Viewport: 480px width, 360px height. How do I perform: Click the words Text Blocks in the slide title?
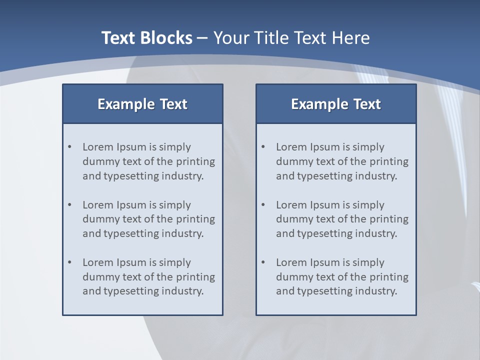pyautogui.click(x=146, y=38)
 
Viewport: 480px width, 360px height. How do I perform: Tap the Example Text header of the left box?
pyautogui.click(x=142, y=104)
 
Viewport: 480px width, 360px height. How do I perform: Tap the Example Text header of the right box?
pyautogui.click(x=336, y=104)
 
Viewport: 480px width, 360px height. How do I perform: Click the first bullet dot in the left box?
pyautogui.click(x=69, y=147)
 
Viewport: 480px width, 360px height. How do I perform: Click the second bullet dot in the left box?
pyautogui.click(x=69, y=205)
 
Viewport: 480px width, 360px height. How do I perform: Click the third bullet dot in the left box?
pyautogui.click(x=69, y=262)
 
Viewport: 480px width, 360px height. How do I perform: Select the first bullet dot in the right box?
pyautogui.click(x=263, y=147)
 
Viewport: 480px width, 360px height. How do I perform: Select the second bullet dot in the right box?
pyautogui.click(x=263, y=205)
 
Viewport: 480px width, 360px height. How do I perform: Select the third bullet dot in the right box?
pyautogui.click(x=263, y=262)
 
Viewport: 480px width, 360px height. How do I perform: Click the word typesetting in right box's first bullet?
pyautogui.click(x=322, y=176)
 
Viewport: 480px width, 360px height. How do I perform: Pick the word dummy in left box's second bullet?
pyautogui.click(x=98, y=219)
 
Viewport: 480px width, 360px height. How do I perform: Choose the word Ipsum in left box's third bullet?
pyautogui.click(x=130, y=262)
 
